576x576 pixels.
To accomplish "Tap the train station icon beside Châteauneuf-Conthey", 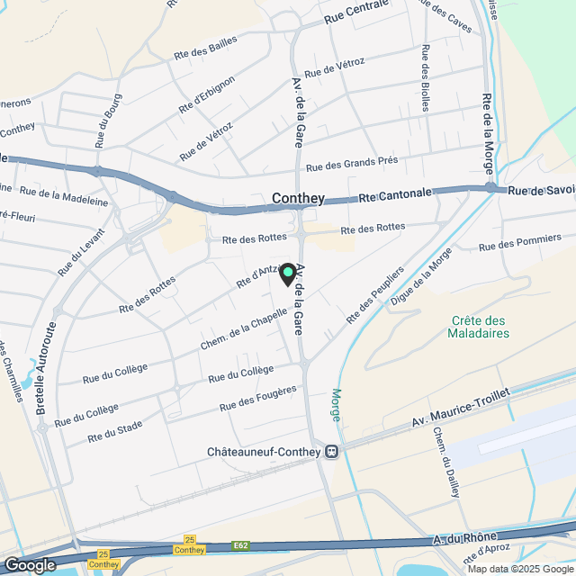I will (x=332, y=451).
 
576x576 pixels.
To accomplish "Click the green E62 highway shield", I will (x=240, y=544).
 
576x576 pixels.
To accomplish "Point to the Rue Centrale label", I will (x=355, y=11).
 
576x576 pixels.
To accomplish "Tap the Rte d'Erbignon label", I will (x=206, y=94).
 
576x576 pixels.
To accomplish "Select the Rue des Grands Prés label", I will (x=352, y=163).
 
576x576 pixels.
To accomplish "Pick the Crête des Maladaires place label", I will (x=478, y=327).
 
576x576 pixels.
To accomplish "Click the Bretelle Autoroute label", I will (x=46, y=370).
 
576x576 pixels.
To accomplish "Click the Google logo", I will (x=30, y=564).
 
